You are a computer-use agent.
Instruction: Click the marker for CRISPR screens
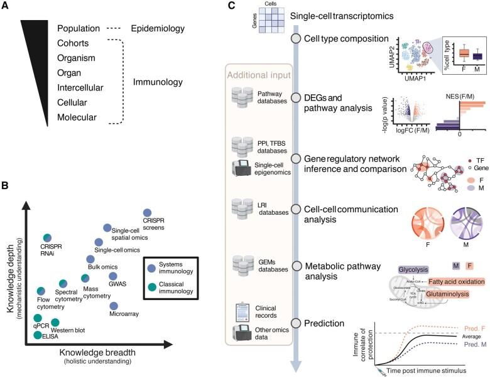[x=148, y=213]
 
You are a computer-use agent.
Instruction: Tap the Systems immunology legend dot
[x=150, y=251]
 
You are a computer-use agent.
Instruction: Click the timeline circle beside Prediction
[x=296, y=323]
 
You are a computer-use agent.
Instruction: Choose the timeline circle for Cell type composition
[x=296, y=39]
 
